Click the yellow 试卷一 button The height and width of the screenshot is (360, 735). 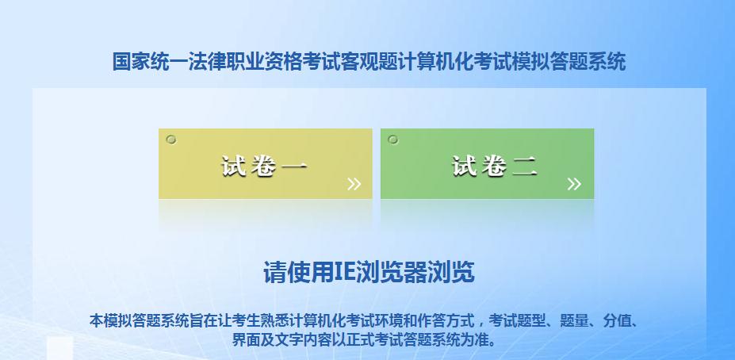coord(266,163)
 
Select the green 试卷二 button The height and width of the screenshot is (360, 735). coord(487,163)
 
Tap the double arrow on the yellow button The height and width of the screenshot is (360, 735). coord(354,184)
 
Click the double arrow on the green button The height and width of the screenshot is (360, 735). coord(574,184)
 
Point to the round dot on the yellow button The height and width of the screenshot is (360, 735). coord(171,140)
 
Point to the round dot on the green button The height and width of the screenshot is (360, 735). coord(392,140)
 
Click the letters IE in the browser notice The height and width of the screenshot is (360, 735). coord(345,272)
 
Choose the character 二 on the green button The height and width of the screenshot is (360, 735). coord(525,167)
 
